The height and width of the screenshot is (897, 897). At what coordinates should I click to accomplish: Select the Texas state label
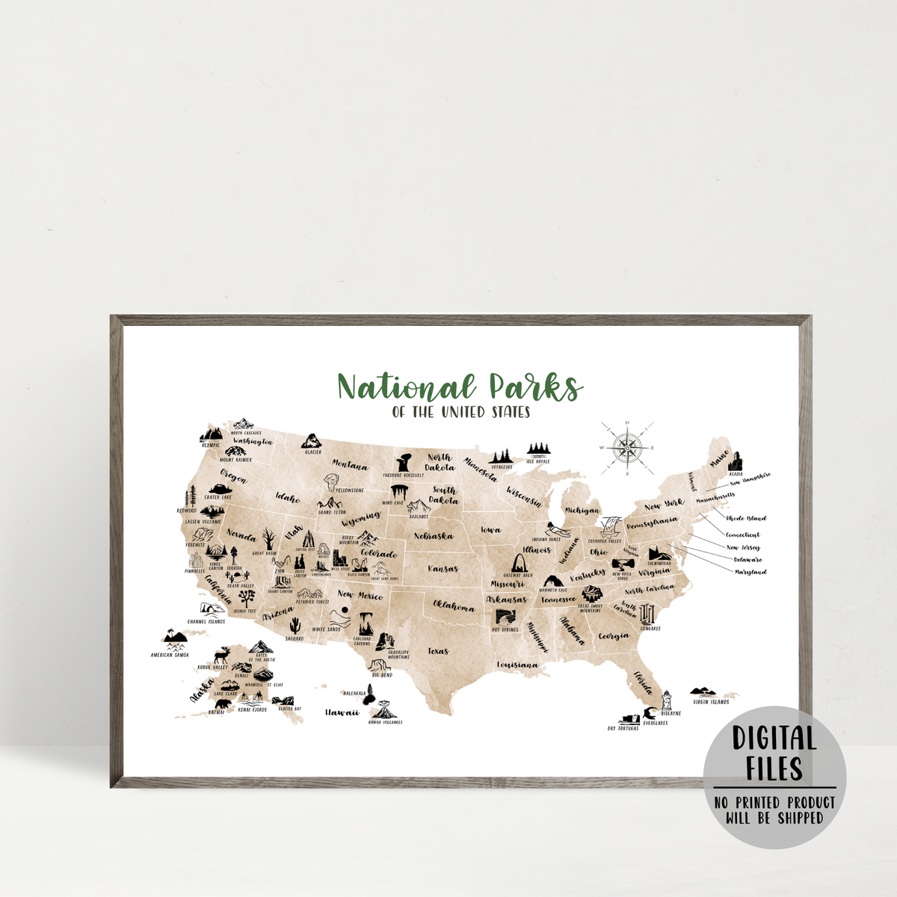coord(438,651)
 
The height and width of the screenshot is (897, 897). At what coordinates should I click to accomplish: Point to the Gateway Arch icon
coord(517,565)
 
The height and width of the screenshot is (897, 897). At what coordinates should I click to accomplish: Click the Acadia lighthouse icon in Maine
coord(737,461)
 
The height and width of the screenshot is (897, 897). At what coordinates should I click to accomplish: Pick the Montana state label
coord(350,465)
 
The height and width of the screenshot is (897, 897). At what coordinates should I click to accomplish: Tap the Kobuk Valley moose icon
coord(221,656)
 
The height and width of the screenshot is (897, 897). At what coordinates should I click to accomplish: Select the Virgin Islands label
coord(710,702)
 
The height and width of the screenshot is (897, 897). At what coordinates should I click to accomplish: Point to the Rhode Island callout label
coord(745,518)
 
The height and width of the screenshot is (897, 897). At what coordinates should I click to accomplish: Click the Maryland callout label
coord(750,572)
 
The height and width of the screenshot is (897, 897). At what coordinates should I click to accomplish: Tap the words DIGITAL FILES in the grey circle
coord(774,753)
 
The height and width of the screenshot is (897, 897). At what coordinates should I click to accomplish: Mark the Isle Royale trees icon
coord(537,450)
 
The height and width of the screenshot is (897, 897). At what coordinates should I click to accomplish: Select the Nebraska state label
coord(433,537)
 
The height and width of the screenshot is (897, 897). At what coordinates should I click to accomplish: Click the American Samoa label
coord(170,655)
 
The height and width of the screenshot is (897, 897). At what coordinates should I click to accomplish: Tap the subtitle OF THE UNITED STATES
coord(460,412)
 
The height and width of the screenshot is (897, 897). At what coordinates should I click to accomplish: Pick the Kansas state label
coord(443,569)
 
